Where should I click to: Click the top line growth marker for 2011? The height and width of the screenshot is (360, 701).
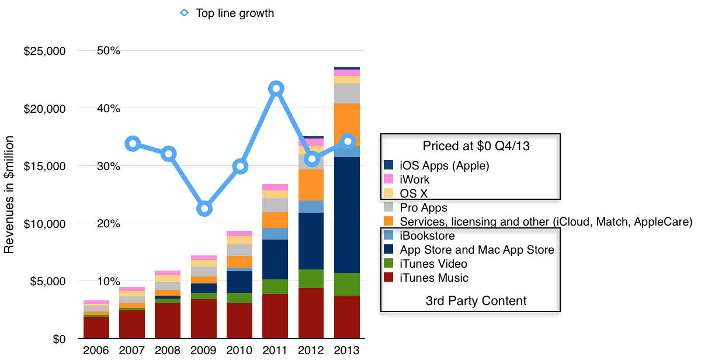pyautogui.click(x=276, y=89)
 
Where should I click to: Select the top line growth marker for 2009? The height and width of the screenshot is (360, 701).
pyautogui.click(x=204, y=209)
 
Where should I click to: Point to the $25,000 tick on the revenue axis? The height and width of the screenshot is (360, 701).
pyautogui.click(x=44, y=51)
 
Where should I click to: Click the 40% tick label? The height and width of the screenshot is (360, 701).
pyautogui.click(x=108, y=108)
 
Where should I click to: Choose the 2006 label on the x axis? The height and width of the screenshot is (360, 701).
pyautogui.click(x=97, y=351)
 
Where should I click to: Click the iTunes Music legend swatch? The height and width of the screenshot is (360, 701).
pyautogui.click(x=390, y=278)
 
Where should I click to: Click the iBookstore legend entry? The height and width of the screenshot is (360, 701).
pyautogui.click(x=426, y=236)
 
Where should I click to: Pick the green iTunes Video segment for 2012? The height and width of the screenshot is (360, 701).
pyautogui.click(x=311, y=279)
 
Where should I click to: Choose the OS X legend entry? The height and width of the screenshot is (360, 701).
pyautogui.click(x=411, y=193)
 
